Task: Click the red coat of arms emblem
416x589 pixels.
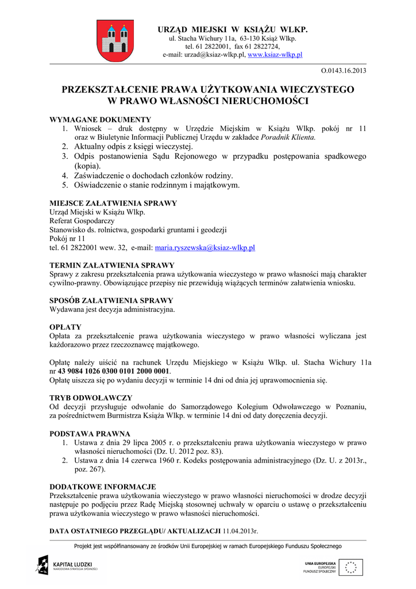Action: (115, 40)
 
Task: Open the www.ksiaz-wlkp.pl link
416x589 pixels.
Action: (275, 55)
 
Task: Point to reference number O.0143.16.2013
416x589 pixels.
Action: (344, 71)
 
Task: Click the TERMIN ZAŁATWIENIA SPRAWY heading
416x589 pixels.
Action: (112, 265)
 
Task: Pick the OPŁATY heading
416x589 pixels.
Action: (66, 327)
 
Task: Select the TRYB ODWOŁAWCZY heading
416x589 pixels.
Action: (91, 398)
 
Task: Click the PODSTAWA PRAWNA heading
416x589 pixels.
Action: (90, 434)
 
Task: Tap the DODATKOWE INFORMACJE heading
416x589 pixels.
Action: (103, 487)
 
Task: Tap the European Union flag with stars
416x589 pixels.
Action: (350, 567)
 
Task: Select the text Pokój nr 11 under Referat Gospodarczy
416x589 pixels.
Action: (67, 239)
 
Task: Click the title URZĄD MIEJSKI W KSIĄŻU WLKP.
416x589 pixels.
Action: (233, 29)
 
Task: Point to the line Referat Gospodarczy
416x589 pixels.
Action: (82, 221)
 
